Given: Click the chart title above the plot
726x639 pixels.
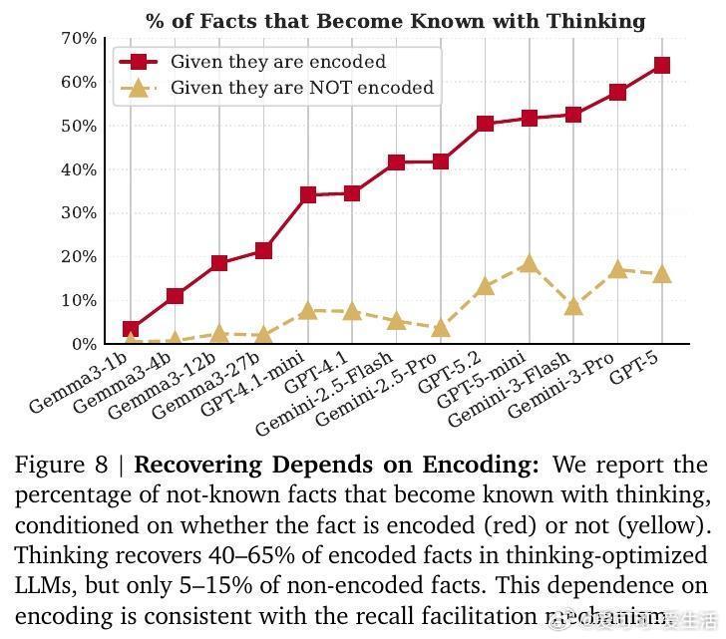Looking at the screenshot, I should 395,21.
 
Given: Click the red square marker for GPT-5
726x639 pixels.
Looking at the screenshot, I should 661,66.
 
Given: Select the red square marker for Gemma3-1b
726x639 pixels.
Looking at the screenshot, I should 131,329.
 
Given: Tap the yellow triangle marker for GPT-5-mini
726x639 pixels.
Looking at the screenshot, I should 529,264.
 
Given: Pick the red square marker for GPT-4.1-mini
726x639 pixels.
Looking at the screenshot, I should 307,195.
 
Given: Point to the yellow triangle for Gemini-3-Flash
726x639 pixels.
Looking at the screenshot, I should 572,306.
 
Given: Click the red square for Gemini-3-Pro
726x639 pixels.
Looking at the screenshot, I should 617,93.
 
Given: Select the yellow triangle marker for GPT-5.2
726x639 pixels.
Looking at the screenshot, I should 485,287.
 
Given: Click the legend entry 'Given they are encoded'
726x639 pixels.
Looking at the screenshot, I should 277,62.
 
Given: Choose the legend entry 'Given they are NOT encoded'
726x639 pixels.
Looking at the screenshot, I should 301,88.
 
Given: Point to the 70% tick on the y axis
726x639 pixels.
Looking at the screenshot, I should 79,39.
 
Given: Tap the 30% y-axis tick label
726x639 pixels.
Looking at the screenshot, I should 79,213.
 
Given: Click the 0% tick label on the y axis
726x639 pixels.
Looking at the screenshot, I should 83,344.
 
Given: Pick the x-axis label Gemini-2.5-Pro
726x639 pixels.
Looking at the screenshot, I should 382,394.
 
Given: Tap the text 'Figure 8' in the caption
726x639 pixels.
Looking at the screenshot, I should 61,466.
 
